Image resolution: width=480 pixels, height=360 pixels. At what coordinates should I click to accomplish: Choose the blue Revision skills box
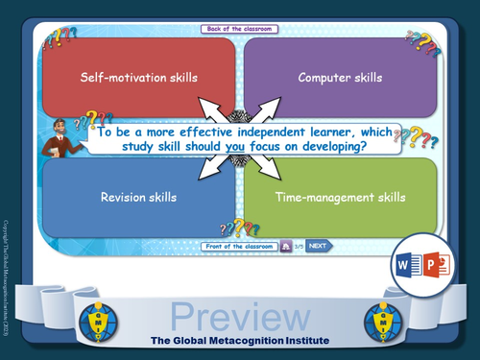[138, 198]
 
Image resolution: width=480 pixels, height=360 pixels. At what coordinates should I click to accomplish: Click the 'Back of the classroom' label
[240, 30]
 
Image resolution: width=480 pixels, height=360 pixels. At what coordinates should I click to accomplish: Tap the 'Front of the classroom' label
[240, 246]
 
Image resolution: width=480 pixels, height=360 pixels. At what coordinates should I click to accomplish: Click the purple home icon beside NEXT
[286, 246]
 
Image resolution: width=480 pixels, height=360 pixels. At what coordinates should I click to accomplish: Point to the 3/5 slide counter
[299, 246]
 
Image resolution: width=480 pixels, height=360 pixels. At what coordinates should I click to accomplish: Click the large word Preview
[240, 317]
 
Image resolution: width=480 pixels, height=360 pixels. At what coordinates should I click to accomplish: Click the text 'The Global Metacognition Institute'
[240, 341]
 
